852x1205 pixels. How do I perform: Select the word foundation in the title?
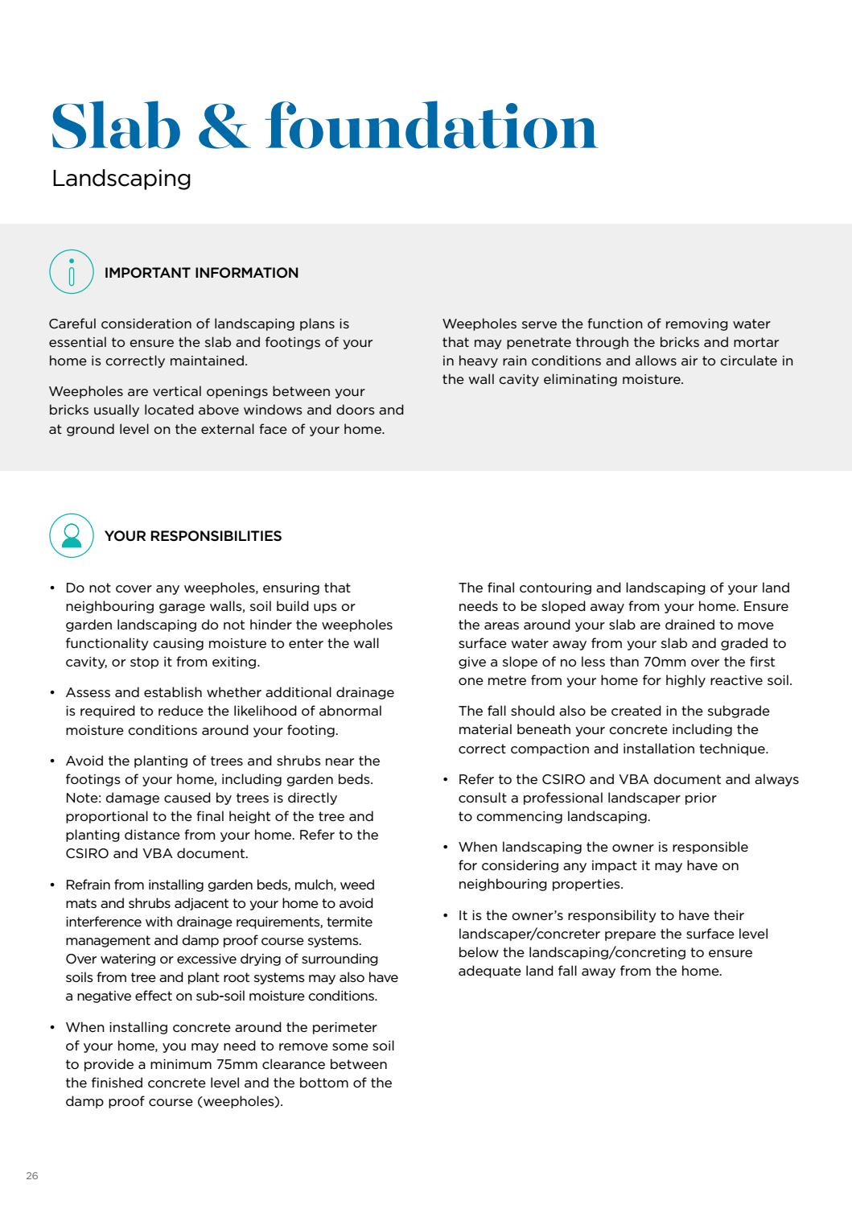(431, 127)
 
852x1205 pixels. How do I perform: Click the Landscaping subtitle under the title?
(121, 178)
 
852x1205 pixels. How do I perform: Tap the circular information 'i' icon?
(71, 271)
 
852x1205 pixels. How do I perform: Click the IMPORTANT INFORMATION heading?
(201, 273)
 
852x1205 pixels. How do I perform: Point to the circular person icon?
(71, 535)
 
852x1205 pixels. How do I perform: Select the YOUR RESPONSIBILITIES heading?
(193, 536)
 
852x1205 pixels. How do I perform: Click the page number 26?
(32, 1176)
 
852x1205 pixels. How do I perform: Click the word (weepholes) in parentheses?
(240, 1101)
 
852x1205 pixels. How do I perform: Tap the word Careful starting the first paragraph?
(73, 324)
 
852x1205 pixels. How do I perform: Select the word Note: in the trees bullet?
(83, 798)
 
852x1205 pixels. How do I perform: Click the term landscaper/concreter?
(525, 934)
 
